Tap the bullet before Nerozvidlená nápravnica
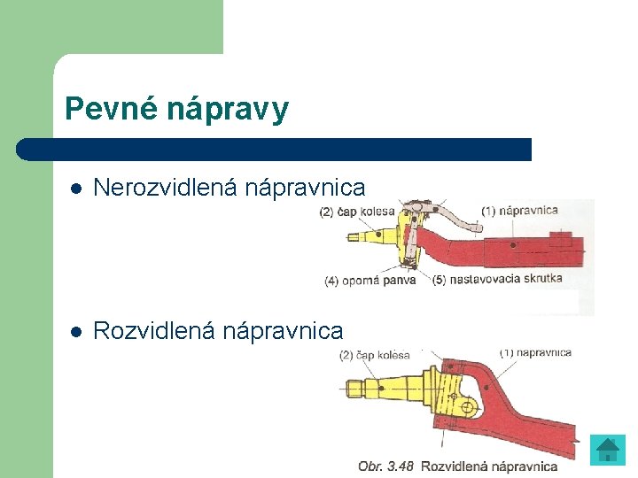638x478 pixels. click(76, 189)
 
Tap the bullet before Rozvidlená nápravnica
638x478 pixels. click(76, 332)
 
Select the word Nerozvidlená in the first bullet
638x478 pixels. click(166, 188)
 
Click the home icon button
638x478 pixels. click(608, 450)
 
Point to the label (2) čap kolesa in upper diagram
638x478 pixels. click(357, 212)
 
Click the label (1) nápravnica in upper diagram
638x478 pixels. click(520, 211)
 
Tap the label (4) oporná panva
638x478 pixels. click(370, 281)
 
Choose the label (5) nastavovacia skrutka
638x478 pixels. click(498, 281)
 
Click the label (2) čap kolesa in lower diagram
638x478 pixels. click(375, 355)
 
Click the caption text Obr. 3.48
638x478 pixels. click(385, 466)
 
